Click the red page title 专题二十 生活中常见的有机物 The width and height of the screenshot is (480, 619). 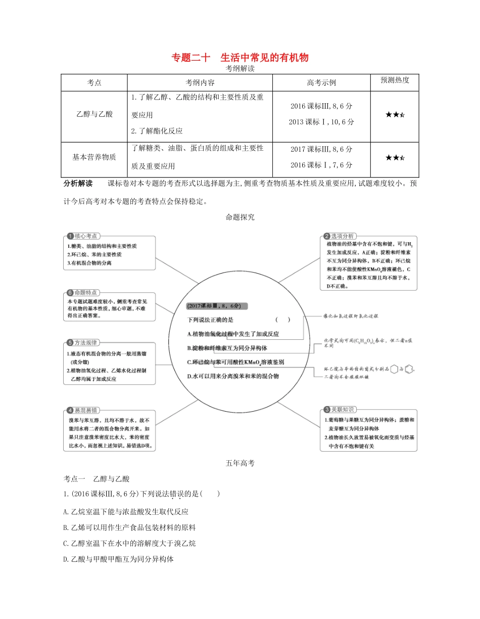click(x=240, y=58)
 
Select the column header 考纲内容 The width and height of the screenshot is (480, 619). click(x=200, y=82)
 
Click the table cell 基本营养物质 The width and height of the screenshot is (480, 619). click(x=94, y=157)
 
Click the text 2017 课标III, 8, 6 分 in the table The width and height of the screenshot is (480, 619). click(x=322, y=149)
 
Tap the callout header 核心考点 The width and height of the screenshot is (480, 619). click(x=86, y=236)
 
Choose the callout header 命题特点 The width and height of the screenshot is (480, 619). click(x=86, y=292)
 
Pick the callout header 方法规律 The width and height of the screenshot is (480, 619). click(x=86, y=342)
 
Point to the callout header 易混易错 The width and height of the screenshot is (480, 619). click(x=86, y=410)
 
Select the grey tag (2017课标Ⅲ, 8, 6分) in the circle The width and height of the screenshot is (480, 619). click(x=216, y=306)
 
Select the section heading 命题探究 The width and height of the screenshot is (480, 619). click(x=240, y=217)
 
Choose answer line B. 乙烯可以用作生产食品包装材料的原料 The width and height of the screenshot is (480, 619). click(x=130, y=527)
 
